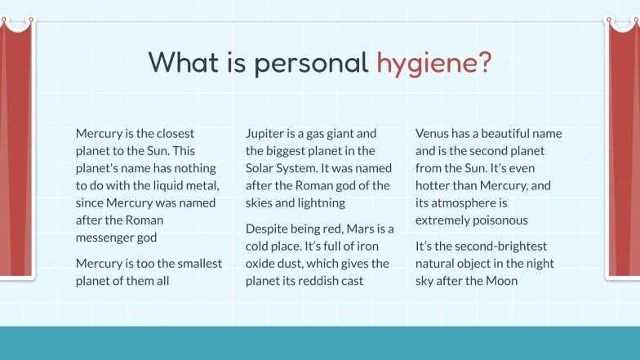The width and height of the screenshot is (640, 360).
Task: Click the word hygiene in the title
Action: click(x=433, y=64)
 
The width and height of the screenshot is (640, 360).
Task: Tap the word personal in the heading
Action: click(x=311, y=64)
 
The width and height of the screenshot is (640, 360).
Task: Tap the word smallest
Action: click(x=197, y=263)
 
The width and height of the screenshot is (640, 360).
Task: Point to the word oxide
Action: click(x=262, y=263)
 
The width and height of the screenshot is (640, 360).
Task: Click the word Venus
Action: click(x=433, y=133)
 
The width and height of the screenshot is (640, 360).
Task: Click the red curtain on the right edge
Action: click(x=624, y=147)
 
